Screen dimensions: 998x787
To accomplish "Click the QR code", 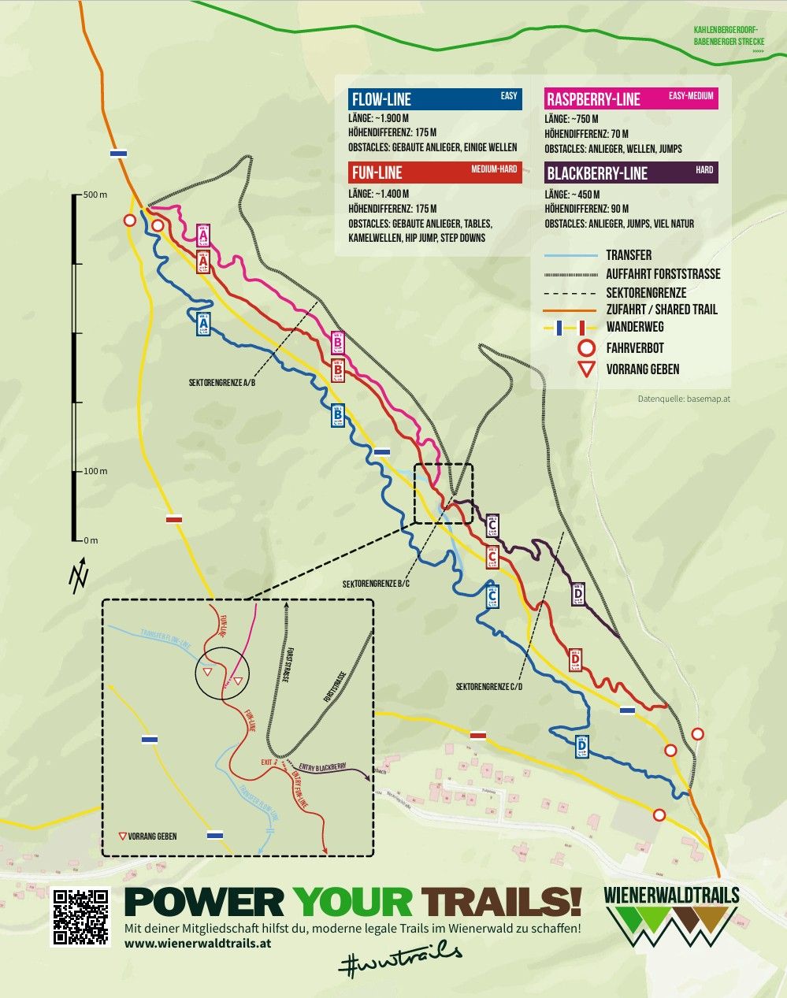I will coord(80,917).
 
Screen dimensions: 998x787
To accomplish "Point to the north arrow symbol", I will coord(79,577).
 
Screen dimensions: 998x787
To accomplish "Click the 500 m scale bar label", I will coord(95,195).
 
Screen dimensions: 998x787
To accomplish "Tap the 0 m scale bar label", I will coord(91,540).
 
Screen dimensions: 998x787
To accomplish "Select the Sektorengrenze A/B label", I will coord(222,382).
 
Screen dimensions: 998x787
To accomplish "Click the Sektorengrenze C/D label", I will coord(489,687).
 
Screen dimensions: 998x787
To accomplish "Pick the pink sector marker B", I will coord(337,343).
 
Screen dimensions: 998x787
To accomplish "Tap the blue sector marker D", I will coord(581,745).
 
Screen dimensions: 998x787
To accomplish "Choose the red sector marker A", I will coord(203,262).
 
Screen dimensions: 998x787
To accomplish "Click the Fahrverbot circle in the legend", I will coord(585,348).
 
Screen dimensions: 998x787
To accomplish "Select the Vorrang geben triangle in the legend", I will coord(585,369).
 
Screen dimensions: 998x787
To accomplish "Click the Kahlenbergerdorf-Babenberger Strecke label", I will coord(728,36).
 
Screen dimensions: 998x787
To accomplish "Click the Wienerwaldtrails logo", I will coord(672,917).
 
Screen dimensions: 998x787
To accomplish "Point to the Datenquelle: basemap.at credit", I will coord(684,399).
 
